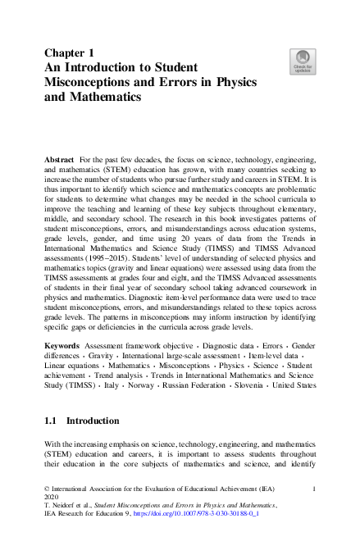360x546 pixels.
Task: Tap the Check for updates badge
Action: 302,61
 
